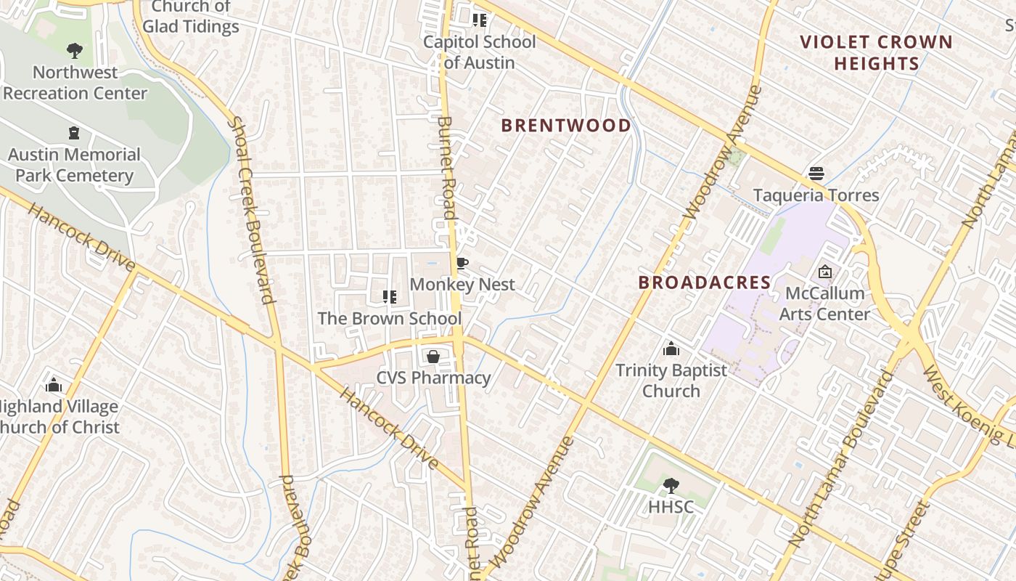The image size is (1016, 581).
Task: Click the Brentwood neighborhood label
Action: pyautogui.click(x=566, y=126)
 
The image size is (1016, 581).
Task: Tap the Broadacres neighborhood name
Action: pyautogui.click(x=704, y=283)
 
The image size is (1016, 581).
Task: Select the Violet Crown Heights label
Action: pyautogui.click(x=876, y=53)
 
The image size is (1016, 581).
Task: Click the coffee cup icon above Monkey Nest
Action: pyautogui.click(x=462, y=263)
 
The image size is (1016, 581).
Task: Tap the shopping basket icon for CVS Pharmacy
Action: pyautogui.click(x=433, y=357)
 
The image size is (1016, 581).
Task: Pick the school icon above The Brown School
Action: pyautogui.click(x=389, y=296)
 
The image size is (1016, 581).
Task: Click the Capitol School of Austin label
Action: pyautogui.click(x=479, y=52)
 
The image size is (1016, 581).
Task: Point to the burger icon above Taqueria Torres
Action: pyautogui.click(x=816, y=174)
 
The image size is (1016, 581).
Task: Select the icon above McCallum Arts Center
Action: pyautogui.click(x=825, y=272)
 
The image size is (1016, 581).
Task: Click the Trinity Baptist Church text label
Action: pyautogui.click(x=671, y=381)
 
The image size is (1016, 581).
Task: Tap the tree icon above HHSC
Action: pyautogui.click(x=671, y=485)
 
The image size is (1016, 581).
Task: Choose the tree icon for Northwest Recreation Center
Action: pyautogui.click(x=74, y=51)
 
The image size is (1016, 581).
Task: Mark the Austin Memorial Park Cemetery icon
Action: pyautogui.click(x=74, y=133)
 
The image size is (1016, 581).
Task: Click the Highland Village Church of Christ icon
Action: pyautogui.click(x=54, y=385)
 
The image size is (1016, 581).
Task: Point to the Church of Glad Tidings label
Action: pyautogui.click(x=190, y=17)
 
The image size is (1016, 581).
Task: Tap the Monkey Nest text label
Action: pyautogui.click(x=462, y=285)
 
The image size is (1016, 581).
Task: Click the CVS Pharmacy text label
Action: pyautogui.click(x=433, y=378)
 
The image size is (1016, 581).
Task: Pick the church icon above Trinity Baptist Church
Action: pyautogui.click(x=671, y=349)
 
